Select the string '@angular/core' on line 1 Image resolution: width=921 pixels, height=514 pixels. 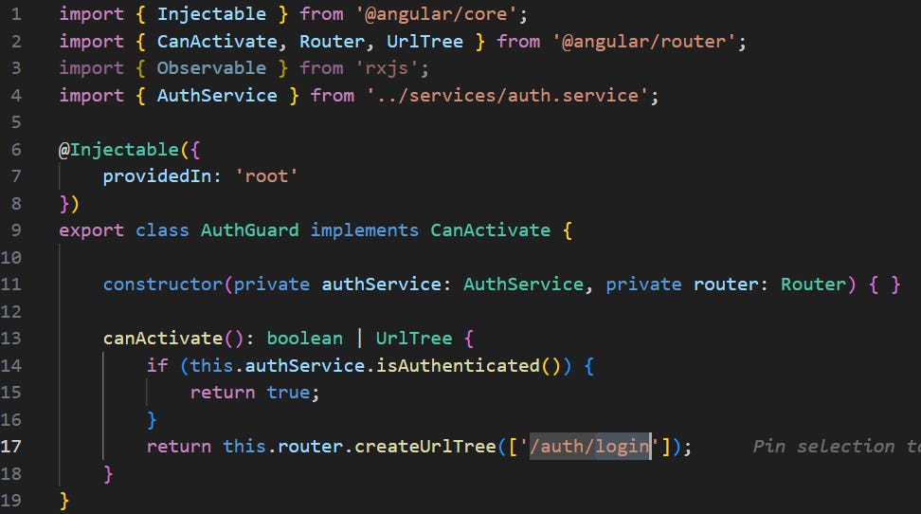click(x=443, y=14)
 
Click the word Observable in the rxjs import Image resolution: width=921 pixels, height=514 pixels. click(x=211, y=68)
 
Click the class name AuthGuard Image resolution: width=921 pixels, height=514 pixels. click(x=250, y=230)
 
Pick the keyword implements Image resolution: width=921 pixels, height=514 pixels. click(x=365, y=230)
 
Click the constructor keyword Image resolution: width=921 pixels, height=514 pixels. click(x=163, y=285)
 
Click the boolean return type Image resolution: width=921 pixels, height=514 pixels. click(x=304, y=339)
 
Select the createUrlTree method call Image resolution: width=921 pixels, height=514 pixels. click(x=424, y=446)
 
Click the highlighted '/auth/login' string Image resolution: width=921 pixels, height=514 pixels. click(x=589, y=446)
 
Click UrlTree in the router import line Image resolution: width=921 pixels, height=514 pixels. click(x=425, y=41)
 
